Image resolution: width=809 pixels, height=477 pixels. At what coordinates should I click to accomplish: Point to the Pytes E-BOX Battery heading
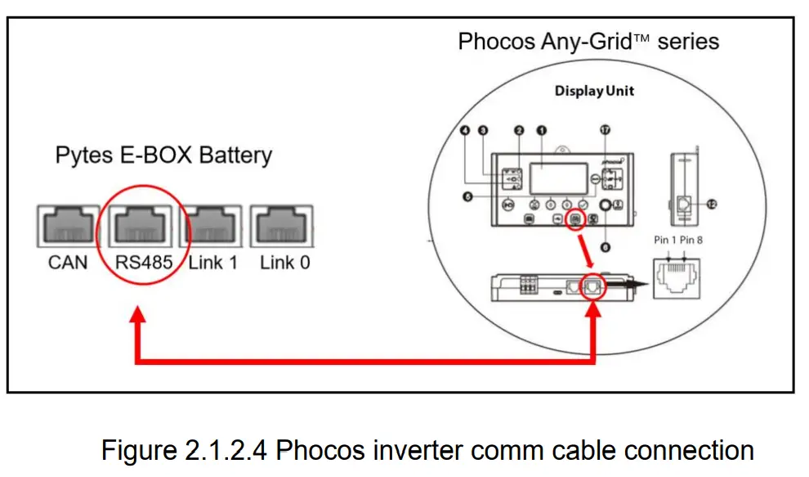(x=163, y=155)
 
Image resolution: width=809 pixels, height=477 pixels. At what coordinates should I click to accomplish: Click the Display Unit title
(x=594, y=90)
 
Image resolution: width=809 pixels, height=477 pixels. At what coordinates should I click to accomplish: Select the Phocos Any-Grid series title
(x=588, y=41)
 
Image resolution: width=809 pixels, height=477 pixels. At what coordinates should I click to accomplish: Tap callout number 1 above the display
(x=540, y=131)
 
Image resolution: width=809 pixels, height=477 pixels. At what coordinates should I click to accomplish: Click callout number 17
(x=605, y=131)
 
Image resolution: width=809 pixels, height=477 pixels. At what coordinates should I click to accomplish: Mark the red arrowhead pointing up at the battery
(x=138, y=315)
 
